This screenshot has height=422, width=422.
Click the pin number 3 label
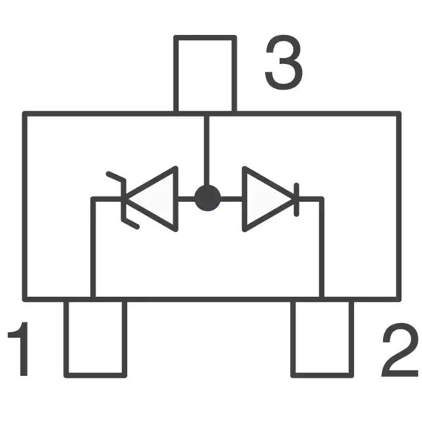(284, 62)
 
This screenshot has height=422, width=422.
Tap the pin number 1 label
(18, 349)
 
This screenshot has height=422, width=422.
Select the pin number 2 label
(400, 349)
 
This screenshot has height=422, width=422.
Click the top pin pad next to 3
(205, 74)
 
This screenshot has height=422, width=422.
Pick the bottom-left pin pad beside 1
(95, 338)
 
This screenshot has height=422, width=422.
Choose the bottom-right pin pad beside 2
(322, 338)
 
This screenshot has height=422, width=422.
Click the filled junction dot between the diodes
(208, 198)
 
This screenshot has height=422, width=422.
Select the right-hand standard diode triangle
(268, 199)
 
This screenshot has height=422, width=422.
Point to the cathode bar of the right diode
(296, 199)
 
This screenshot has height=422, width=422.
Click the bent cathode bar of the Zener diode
(124, 199)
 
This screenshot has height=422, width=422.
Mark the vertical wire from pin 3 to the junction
(206, 150)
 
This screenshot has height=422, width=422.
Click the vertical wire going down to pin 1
(93, 248)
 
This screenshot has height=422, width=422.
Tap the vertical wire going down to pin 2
(321, 248)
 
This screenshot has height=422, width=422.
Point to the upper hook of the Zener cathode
(116, 176)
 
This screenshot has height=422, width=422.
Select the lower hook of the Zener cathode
(131, 224)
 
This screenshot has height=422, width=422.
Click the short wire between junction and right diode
(231, 199)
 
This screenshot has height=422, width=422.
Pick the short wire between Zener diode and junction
(186, 199)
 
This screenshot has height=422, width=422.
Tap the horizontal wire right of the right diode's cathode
(310, 199)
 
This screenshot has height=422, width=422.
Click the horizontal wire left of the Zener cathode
(107, 199)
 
